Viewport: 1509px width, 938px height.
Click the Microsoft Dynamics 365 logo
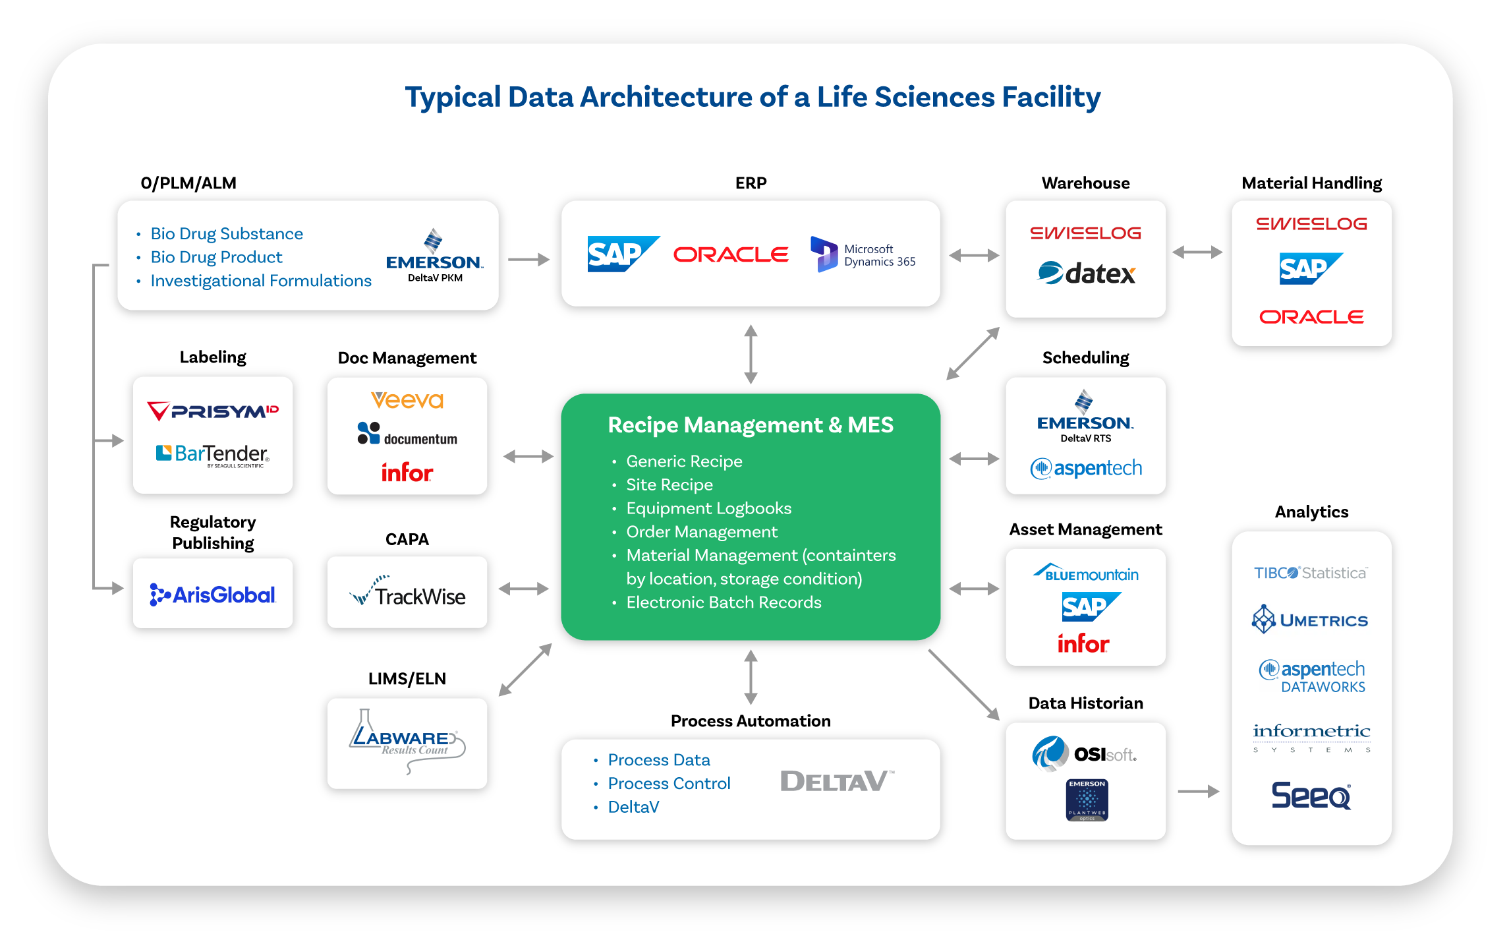[863, 254]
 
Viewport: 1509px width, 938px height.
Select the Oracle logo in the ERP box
[731, 254]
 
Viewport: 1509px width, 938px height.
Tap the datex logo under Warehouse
[1086, 273]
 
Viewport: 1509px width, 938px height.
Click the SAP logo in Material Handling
[1311, 268]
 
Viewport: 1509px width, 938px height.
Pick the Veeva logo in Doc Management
[407, 400]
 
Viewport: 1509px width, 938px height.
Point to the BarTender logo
[213, 454]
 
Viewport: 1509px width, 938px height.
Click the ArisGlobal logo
[213, 595]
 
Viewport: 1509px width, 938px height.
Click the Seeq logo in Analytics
[1311, 795]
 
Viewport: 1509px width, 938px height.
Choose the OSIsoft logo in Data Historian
[1085, 753]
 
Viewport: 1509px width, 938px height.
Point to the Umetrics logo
[1311, 620]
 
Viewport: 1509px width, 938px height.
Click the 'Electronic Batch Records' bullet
[724, 602]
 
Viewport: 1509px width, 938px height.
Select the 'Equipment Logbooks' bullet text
[708, 508]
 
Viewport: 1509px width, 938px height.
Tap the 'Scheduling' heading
[1085, 358]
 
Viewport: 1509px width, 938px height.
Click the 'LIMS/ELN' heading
[407, 679]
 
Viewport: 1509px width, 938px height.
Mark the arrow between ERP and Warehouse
[974, 256]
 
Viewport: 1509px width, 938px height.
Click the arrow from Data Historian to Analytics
[1198, 791]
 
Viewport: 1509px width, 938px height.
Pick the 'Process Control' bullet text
[669, 784]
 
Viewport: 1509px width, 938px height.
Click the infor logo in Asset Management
[1083, 643]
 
